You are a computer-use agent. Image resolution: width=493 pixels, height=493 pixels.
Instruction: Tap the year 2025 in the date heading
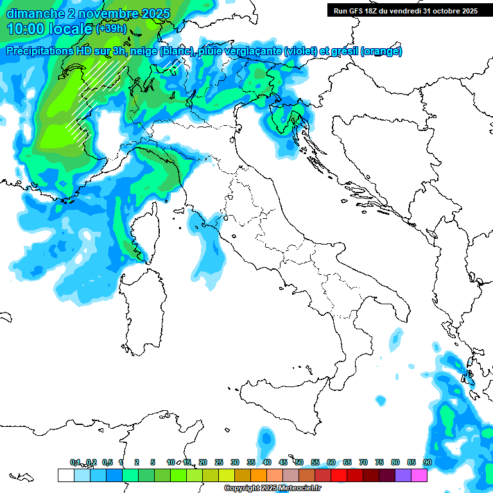click(x=154, y=13)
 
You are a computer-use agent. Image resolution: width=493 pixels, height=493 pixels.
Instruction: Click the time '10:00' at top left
click(x=26, y=29)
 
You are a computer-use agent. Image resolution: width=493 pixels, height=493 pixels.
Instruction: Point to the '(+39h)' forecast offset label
click(x=112, y=29)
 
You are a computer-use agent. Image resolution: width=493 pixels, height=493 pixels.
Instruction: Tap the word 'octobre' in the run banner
click(x=452, y=11)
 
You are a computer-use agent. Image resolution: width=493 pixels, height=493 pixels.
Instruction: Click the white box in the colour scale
click(x=65, y=475)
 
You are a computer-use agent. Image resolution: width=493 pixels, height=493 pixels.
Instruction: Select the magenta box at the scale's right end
click(x=419, y=475)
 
